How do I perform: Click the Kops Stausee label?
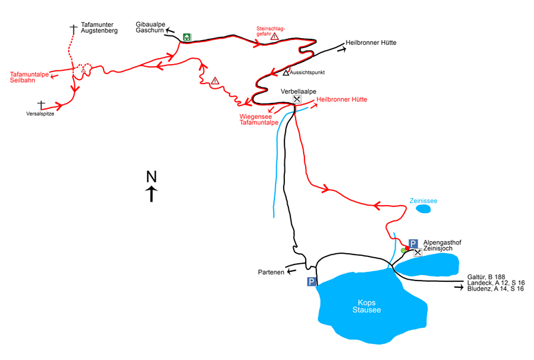click(x=366, y=306)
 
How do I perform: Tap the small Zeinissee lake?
click(x=423, y=208)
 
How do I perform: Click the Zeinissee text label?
click(x=423, y=201)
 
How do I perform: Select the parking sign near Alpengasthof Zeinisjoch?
click(x=413, y=243)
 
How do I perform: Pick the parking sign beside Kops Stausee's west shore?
click(x=312, y=282)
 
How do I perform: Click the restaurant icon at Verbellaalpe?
click(x=297, y=99)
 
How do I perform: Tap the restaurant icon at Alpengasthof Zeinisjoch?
click(x=418, y=252)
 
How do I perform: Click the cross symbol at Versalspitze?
click(x=41, y=105)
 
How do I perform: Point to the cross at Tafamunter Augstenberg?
click(x=73, y=29)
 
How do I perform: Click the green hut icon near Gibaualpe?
click(x=187, y=37)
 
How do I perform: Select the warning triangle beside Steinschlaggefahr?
click(x=274, y=36)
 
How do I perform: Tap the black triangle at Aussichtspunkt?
click(x=286, y=73)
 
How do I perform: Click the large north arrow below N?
click(x=152, y=194)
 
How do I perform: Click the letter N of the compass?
click(x=152, y=176)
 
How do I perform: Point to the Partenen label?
click(x=271, y=272)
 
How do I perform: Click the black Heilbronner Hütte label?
click(x=371, y=43)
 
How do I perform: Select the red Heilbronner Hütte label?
click(x=342, y=100)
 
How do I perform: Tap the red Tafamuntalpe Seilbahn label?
click(x=29, y=77)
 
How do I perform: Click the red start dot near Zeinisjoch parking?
click(x=407, y=248)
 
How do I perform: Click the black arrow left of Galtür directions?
click(x=459, y=288)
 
